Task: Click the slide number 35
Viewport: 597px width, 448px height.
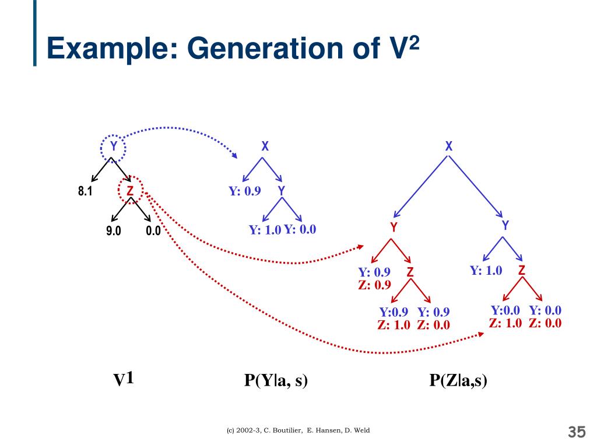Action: point(576,432)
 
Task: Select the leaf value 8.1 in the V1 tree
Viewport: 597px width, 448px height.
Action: point(85,191)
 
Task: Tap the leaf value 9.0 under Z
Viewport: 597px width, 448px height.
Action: point(114,231)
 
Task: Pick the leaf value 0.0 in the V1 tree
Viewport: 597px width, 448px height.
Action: point(153,231)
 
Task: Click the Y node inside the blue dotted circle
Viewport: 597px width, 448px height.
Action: point(114,146)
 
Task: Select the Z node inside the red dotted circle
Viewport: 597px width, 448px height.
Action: point(130,191)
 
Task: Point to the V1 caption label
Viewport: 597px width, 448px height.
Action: point(124,380)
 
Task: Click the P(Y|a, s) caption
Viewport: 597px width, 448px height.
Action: point(276,381)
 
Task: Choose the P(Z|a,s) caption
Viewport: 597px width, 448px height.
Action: point(458,381)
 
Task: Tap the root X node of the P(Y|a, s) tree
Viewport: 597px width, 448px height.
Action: point(265,147)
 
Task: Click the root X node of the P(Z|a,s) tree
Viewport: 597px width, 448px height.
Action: point(449,147)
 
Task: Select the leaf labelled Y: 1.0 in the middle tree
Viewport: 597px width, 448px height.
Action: point(265,230)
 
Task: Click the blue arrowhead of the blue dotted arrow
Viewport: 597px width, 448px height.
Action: point(234,156)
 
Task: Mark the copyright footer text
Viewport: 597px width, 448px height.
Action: point(298,430)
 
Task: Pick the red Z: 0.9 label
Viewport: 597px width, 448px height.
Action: point(374,285)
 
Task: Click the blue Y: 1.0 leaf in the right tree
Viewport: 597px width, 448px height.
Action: point(486,270)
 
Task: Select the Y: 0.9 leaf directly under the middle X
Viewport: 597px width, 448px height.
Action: point(244,191)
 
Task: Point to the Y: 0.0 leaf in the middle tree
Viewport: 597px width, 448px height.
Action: point(300,230)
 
